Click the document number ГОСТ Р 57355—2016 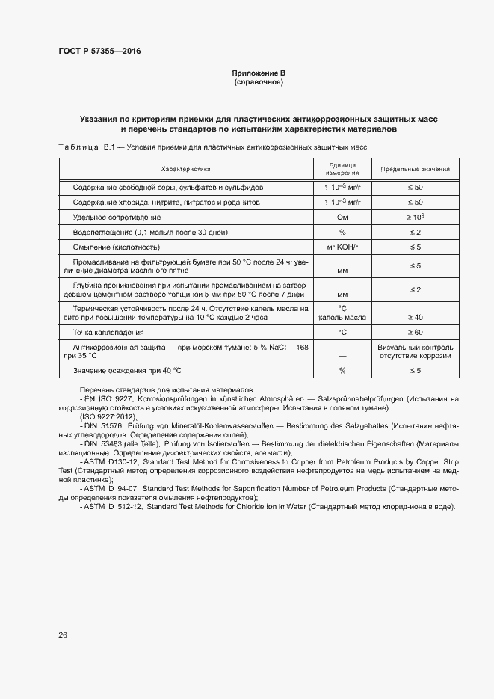(x=99, y=52)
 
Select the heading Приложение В (x=259, y=73)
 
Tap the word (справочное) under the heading (x=259, y=82)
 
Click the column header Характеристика (x=186, y=169)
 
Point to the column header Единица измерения (x=342, y=169)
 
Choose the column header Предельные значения (x=415, y=170)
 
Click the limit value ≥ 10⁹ (x=415, y=217)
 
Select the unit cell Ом (x=342, y=218)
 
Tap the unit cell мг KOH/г (x=342, y=247)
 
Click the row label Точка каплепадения (x=108, y=332)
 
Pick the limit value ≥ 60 (x=415, y=332)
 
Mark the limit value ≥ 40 (x=415, y=317)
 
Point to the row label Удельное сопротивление (x=117, y=218)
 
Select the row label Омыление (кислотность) (x=116, y=247)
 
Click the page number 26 (x=63, y=635)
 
